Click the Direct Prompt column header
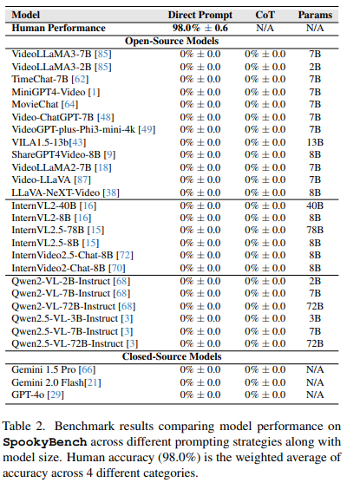pyautogui.click(x=200, y=15)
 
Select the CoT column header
pyautogui.click(x=264, y=15)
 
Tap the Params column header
pyautogui.click(x=315, y=15)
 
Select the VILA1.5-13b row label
pyautogui.click(x=48, y=141)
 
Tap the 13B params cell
pyautogui.click(x=315, y=141)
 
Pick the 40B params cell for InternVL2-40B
pyautogui.click(x=315, y=205)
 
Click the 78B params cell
pyautogui.click(x=315, y=231)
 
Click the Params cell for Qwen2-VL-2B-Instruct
pyautogui.click(x=315, y=281)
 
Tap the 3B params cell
pyautogui.click(x=315, y=318)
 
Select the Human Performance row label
pyautogui.click(x=59, y=27)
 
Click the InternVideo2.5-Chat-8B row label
pyautogui.click(x=73, y=256)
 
